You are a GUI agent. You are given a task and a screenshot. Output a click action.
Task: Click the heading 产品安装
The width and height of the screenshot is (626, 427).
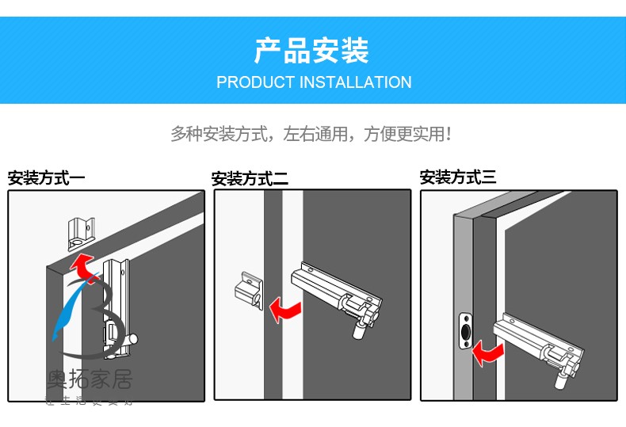311,51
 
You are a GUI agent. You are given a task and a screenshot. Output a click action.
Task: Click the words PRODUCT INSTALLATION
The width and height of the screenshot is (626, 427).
314,82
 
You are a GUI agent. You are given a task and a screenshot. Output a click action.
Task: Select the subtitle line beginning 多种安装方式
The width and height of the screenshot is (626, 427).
311,133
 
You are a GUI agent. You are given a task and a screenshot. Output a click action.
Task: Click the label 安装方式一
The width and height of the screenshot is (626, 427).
46,178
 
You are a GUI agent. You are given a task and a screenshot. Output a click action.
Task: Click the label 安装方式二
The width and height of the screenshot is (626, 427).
250,179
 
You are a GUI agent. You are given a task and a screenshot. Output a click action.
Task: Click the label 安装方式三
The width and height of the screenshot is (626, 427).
458,177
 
